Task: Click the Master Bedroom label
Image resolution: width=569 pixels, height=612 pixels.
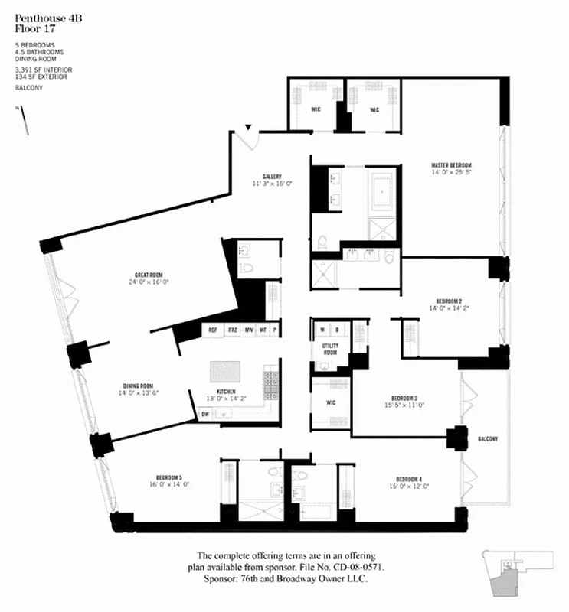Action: (450, 165)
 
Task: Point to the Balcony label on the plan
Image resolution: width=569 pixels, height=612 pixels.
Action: (487, 438)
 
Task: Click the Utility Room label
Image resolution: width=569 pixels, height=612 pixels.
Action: (329, 349)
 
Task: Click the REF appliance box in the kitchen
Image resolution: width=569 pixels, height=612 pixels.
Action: (213, 330)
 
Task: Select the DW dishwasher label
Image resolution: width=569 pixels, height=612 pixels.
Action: (205, 414)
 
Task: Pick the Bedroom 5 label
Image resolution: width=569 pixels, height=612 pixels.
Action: (169, 477)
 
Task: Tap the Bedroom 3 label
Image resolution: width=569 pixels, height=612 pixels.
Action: (404, 398)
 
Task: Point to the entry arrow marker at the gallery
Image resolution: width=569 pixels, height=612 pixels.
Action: (248, 129)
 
